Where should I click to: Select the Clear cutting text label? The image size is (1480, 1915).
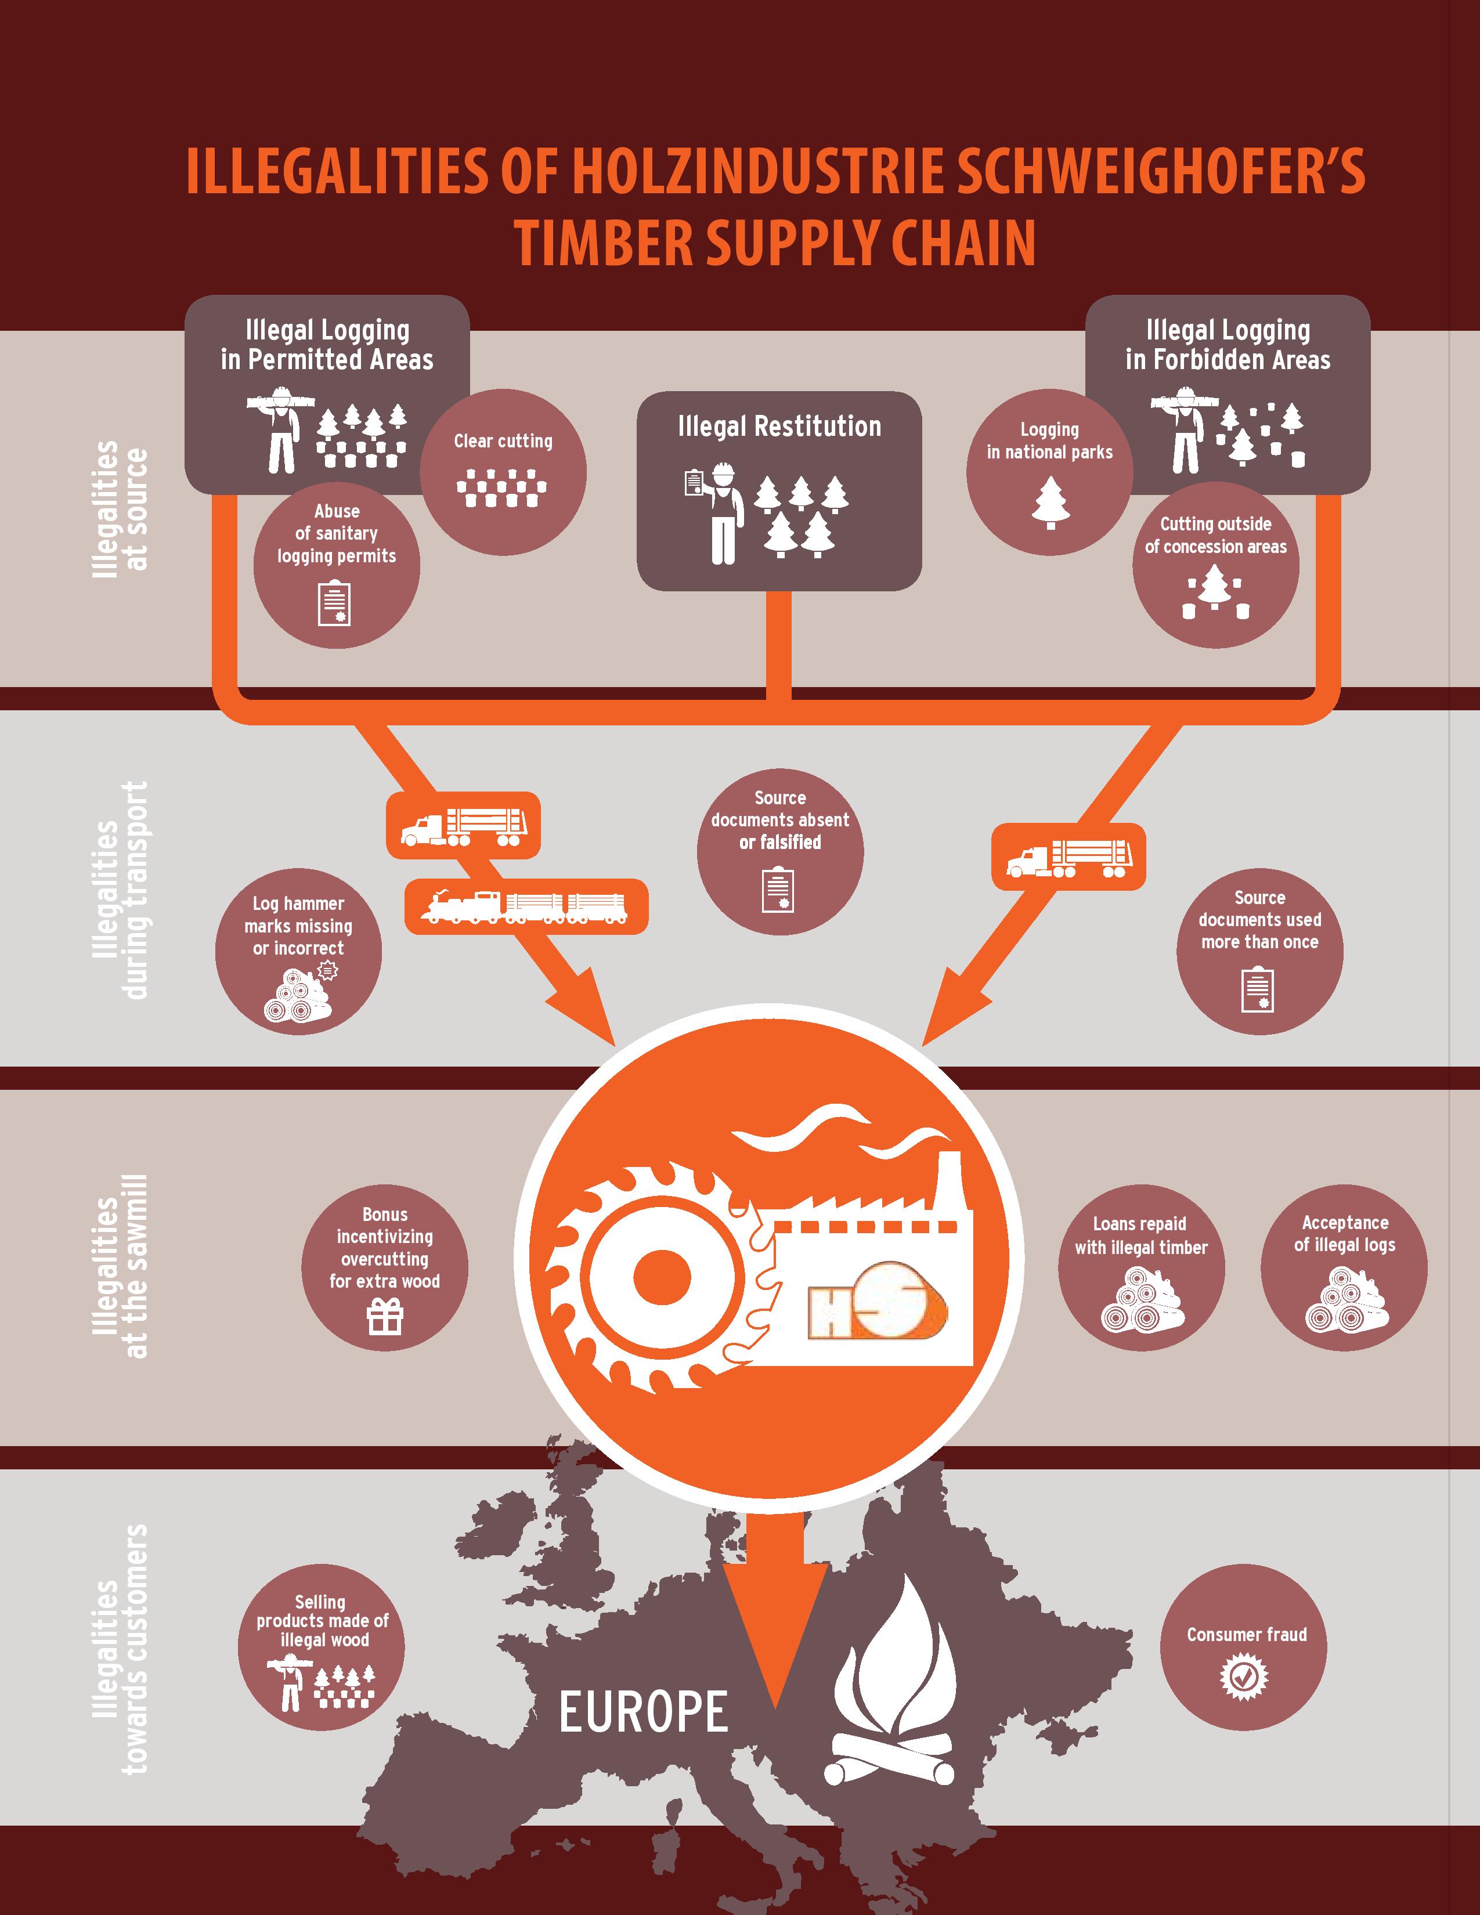503,441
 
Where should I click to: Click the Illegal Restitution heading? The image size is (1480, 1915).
778,427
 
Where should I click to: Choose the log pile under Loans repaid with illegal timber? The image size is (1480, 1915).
1140,1302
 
